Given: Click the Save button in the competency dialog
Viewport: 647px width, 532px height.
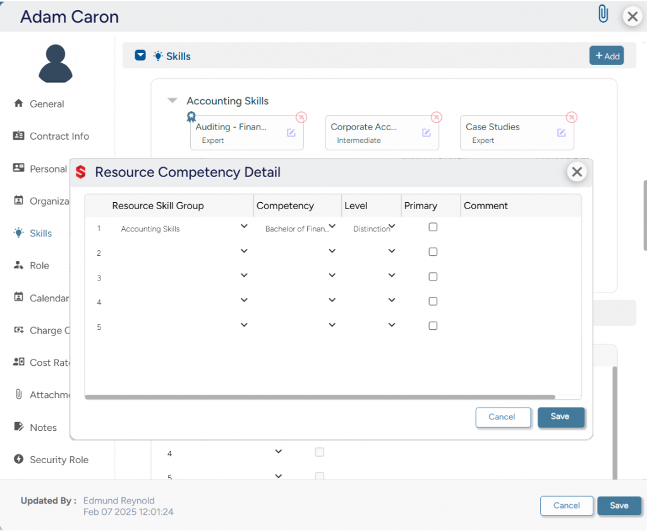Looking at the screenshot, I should (x=560, y=417).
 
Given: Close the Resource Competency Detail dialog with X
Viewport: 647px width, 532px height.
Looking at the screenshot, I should (x=576, y=172).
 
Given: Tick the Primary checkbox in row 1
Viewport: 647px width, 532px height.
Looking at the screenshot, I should (x=433, y=227).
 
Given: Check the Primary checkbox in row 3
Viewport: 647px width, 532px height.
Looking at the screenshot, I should (x=433, y=277).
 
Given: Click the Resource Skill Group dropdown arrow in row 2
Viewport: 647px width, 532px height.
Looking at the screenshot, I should (x=245, y=251).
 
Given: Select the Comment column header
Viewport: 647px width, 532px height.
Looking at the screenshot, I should (x=485, y=206).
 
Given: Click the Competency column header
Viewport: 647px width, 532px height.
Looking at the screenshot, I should (x=285, y=206).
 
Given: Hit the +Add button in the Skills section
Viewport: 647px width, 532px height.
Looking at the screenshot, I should (x=606, y=56).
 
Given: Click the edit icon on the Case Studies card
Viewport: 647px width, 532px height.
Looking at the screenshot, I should (x=561, y=133).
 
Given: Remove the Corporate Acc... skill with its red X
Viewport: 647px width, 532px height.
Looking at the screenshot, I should (x=436, y=118).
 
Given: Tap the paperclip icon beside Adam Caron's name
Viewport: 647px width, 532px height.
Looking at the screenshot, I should (x=603, y=15).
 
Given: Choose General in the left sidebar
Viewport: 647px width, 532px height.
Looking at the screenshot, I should (x=47, y=104).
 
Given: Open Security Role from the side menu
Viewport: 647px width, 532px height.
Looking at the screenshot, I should (x=59, y=460).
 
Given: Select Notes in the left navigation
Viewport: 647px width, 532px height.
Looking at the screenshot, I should (x=43, y=428).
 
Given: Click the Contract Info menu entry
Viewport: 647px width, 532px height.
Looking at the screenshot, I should (x=59, y=136).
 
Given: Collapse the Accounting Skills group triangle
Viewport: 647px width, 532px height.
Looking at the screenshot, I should (x=172, y=100).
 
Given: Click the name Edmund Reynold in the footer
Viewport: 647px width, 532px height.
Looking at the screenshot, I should (x=119, y=500).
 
